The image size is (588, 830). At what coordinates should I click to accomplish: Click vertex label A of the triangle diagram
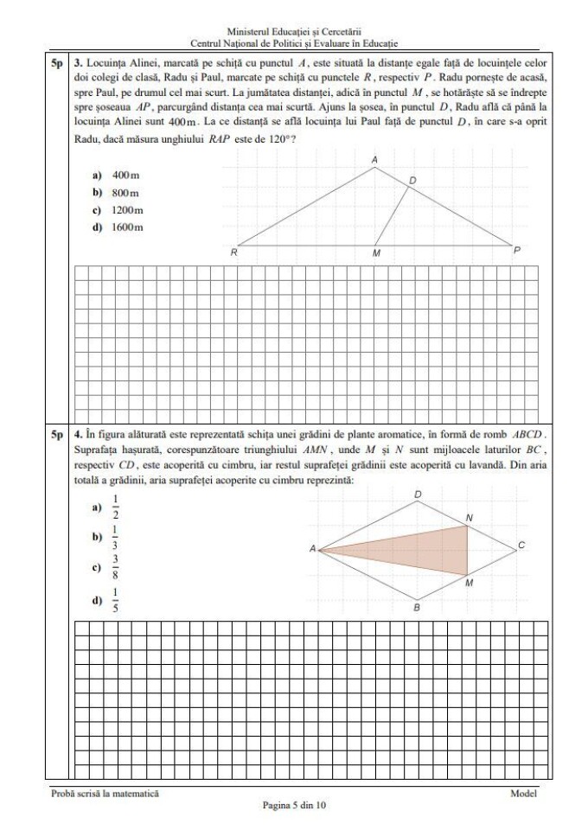tap(374, 160)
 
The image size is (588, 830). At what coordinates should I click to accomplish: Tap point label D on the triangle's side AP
tap(412, 180)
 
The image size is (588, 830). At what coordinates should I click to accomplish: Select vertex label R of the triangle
tap(233, 253)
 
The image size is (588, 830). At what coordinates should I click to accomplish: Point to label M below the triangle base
tap(375, 254)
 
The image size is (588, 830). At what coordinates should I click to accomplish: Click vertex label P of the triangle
tap(517, 250)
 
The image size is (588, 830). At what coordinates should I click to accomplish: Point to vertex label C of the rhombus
tap(521, 546)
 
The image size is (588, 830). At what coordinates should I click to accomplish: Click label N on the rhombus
tap(470, 517)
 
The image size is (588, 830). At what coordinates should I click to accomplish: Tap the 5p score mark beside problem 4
tap(56, 431)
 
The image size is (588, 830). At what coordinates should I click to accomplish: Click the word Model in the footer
tap(523, 793)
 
